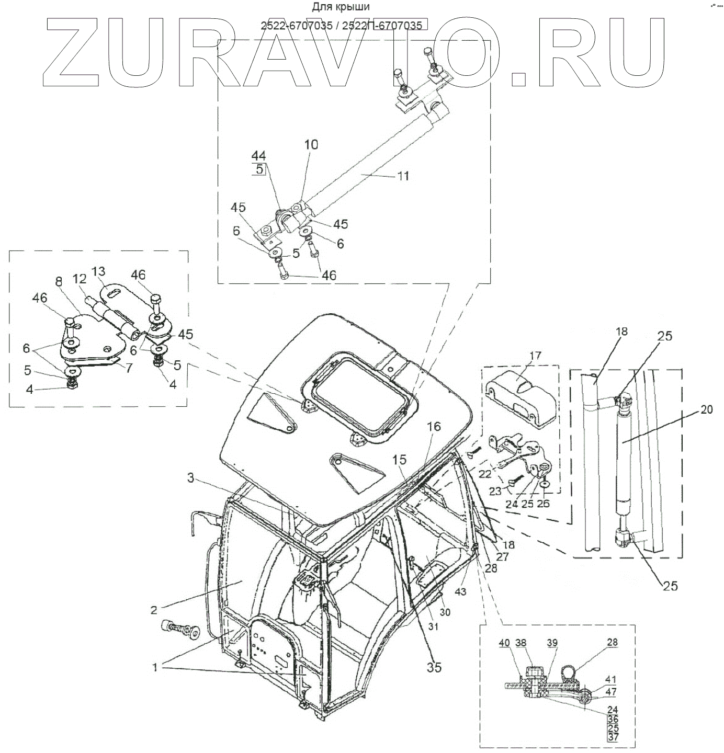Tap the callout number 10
point(311,144)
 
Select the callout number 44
point(258,155)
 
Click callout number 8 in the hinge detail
point(59,281)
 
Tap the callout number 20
point(706,410)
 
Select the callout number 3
point(191,477)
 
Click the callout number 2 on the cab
point(154,609)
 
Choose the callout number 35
point(434,667)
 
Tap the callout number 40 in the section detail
point(503,643)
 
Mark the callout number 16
point(434,427)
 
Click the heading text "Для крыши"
point(341,7)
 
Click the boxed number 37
point(613,737)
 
